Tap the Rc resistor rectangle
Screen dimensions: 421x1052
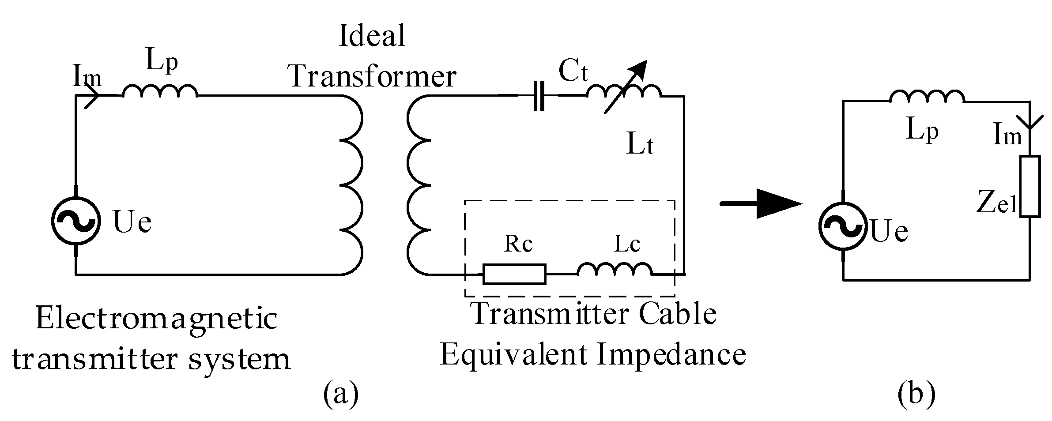click(514, 274)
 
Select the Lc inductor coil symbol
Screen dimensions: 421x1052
click(615, 270)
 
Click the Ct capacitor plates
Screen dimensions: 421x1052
click(539, 95)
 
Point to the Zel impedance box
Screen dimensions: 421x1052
click(1030, 186)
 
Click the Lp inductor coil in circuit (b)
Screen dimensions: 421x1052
click(927, 97)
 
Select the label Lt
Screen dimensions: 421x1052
click(640, 146)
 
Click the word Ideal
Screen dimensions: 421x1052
click(372, 36)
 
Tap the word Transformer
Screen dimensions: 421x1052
click(372, 76)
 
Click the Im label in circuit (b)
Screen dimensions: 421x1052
click(1007, 135)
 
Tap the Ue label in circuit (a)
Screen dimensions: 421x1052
click(132, 222)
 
